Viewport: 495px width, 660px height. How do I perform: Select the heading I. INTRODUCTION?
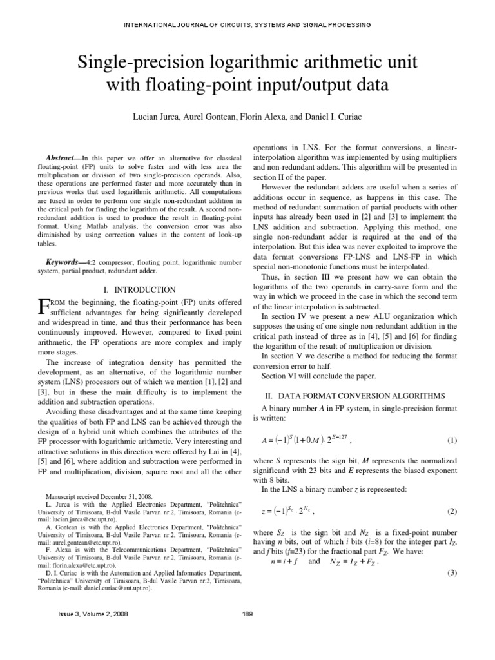[139, 290]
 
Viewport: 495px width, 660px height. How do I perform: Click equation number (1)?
[451, 440]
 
